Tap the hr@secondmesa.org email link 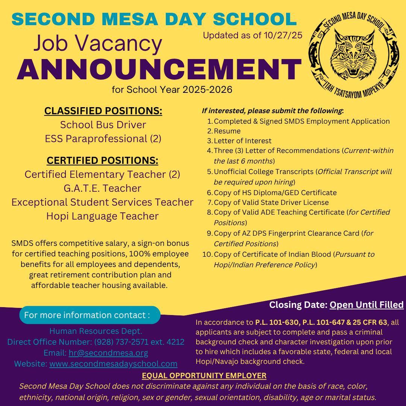tap(108, 353)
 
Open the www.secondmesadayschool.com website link tap(113, 364)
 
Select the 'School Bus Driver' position tap(103, 125)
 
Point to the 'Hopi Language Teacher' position tap(102, 216)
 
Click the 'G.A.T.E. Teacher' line tap(102, 188)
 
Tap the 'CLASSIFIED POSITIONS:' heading tap(103, 111)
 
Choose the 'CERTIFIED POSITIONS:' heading tap(102, 161)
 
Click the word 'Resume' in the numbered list tap(227, 131)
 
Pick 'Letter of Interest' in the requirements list tap(242, 141)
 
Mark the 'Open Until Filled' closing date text tap(367, 305)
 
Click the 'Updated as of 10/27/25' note tap(253, 35)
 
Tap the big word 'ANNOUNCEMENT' tap(159, 69)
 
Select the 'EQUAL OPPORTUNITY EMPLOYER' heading tap(204, 376)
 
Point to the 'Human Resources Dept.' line tap(96, 332)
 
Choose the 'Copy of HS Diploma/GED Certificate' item tap(275, 193)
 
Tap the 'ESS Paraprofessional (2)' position tap(103, 139)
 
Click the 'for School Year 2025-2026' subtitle tap(172, 90)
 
